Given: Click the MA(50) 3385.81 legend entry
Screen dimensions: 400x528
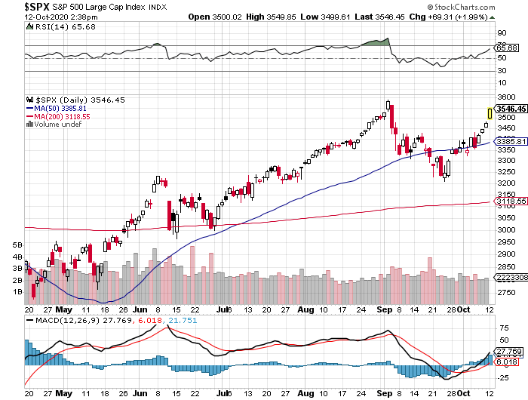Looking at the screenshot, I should coord(57,108).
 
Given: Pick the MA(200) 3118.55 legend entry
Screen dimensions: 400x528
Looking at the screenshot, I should coord(59,116).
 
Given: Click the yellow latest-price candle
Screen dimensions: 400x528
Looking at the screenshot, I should coord(490,113).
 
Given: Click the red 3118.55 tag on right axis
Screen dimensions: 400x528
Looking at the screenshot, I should coord(510,202).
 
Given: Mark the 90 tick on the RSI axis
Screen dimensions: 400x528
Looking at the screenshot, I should coord(499,33).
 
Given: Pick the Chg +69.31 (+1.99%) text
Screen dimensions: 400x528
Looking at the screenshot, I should coord(483,17).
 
